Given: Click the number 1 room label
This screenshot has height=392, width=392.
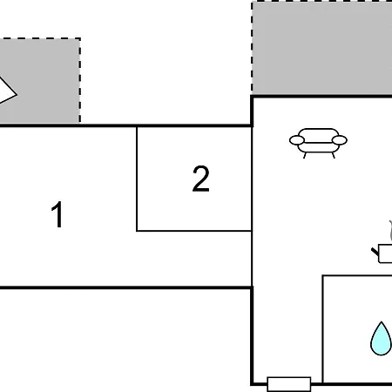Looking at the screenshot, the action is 57,214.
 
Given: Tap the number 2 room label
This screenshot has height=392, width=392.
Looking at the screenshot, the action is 200,179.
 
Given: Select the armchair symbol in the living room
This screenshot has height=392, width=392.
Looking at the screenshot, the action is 318,143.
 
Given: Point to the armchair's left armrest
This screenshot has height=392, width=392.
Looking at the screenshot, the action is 297,140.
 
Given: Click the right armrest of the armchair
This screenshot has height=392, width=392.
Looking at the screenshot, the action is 340,140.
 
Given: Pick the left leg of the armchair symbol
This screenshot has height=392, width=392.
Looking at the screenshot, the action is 305,155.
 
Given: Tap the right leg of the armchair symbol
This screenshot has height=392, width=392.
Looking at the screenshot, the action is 333,155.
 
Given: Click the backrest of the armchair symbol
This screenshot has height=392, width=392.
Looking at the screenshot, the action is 318,132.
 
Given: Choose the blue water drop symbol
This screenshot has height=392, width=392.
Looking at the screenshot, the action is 381,339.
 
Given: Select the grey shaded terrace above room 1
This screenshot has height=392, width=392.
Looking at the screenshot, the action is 40,80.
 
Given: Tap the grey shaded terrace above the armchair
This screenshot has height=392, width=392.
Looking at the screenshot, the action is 321,48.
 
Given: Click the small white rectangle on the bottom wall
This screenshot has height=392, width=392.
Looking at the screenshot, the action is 289,384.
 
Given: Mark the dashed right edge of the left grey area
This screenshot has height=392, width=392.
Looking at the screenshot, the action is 79,80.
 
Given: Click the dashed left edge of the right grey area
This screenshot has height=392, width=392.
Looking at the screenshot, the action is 252,48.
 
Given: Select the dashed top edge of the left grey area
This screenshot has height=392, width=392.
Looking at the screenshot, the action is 40,38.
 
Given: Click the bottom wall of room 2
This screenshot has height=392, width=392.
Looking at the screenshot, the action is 194,231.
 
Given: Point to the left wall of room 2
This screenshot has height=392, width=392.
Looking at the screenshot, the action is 137,179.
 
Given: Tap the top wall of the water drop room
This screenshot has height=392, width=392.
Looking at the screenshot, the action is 357,275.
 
